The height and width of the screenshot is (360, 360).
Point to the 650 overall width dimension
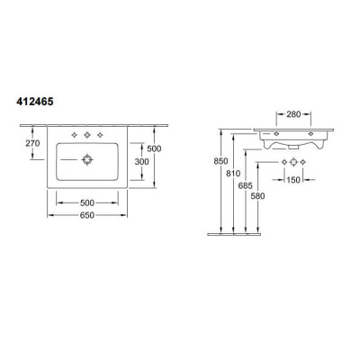(x=87, y=216)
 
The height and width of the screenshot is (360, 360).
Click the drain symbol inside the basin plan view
(x=87, y=162)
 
